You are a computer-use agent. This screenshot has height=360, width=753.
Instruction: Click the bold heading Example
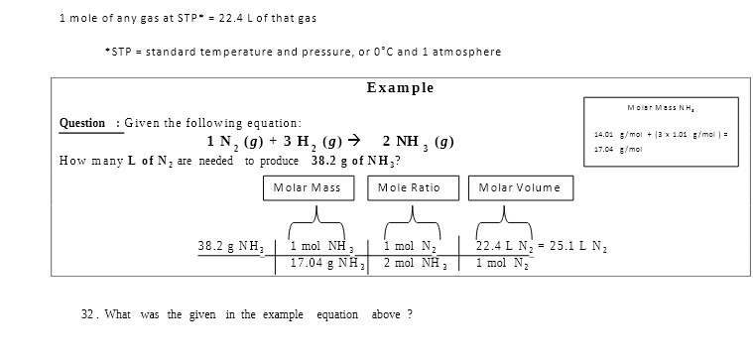(400, 88)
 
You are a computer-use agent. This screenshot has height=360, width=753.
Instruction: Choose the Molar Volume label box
(519, 187)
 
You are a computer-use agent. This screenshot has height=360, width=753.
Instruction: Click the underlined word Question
(82, 123)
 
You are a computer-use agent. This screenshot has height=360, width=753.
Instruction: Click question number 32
(88, 314)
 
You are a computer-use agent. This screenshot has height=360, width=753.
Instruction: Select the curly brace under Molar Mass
(316, 219)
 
